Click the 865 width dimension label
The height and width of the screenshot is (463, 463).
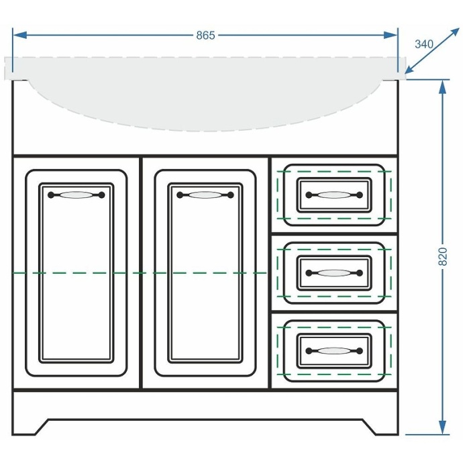pos(205,36)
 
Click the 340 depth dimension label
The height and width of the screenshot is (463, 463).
pos(423,44)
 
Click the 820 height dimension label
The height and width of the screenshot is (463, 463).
pos(444,256)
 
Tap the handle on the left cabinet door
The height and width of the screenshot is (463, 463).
pos(76,195)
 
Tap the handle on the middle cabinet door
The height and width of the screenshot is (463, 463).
pos(205,195)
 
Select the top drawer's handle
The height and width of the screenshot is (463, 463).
pos(334,195)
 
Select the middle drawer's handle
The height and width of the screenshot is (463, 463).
pos(334,273)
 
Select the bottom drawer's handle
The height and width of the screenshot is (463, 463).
pos(334,351)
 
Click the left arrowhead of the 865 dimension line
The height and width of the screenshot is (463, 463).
pos(20,36)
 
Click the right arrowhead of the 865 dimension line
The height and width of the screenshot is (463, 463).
pos(391,36)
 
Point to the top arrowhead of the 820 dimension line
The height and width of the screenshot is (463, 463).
pos(442,87)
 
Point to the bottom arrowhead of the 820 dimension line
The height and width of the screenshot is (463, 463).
pos(442,427)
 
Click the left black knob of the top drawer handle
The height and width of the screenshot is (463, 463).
pos(309,195)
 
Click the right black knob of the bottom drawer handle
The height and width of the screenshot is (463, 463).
pos(360,351)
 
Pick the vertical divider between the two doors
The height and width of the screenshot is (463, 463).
pos(141,273)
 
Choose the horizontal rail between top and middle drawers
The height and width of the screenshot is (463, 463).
pos(334,234)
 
